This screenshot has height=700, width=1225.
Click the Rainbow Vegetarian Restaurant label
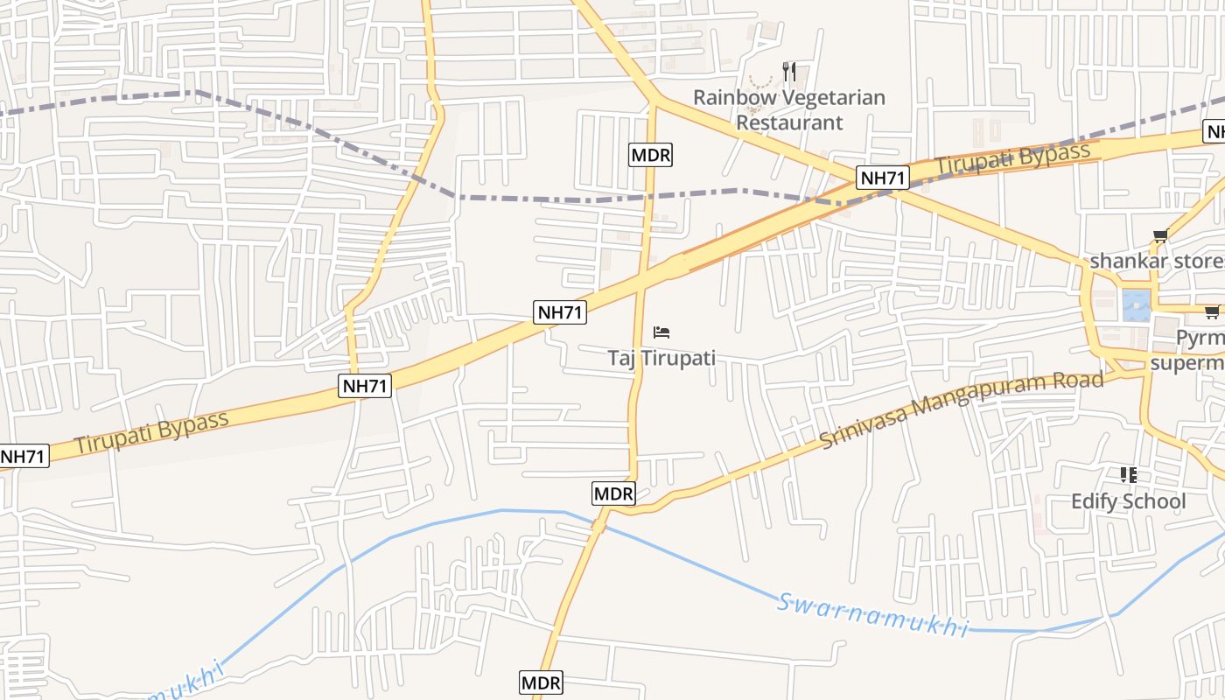789,109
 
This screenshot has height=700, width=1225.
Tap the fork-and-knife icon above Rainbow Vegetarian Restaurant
789,71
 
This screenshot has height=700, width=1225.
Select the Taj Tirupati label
661,358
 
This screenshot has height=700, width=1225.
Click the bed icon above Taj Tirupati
661,332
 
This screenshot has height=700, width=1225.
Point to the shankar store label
1156,262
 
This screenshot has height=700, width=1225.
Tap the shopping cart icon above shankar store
1161,235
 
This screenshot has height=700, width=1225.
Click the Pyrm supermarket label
1199,350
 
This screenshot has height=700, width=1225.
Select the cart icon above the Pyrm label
1212,311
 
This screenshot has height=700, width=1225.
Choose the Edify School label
1129,501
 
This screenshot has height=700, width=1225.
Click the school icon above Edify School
1129,475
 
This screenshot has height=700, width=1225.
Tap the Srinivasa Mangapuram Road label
962,409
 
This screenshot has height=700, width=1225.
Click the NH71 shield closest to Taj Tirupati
560,311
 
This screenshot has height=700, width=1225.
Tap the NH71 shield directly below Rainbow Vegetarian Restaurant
883,178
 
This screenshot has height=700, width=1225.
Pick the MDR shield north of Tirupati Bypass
650,156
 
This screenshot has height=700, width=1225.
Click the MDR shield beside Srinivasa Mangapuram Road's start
613,493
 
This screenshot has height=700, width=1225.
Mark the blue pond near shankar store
1136,305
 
